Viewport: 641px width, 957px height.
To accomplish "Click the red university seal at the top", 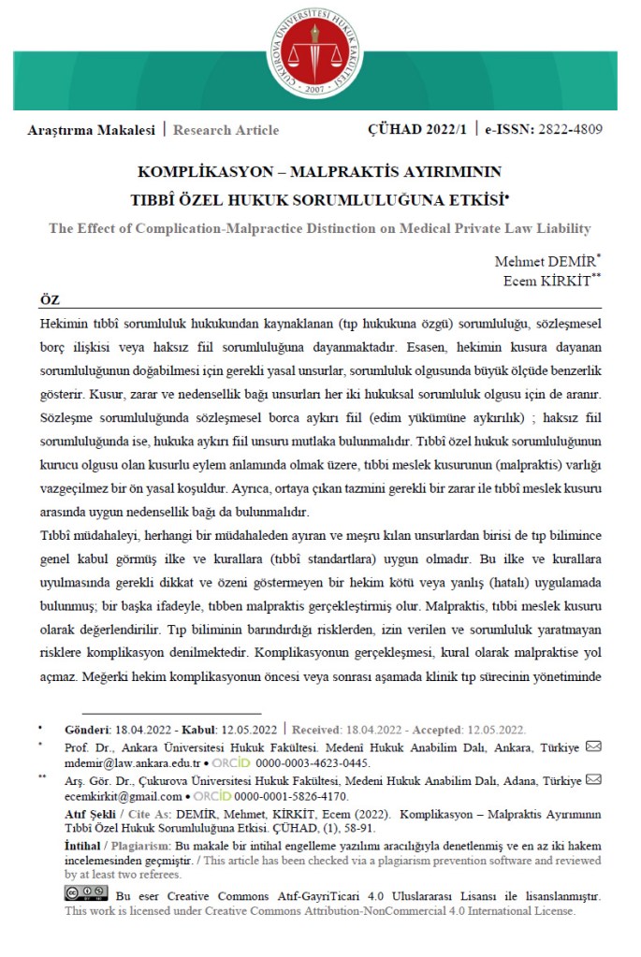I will tap(320, 52).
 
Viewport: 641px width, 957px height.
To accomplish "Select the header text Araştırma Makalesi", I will tap(91, 131).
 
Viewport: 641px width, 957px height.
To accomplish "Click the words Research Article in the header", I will tap(226, 131).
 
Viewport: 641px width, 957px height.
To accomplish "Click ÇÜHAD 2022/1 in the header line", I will tap(416, 131).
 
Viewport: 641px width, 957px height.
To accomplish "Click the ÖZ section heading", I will tap(50, 298).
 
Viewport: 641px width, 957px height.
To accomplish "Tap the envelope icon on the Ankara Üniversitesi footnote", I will tap(593, 747).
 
